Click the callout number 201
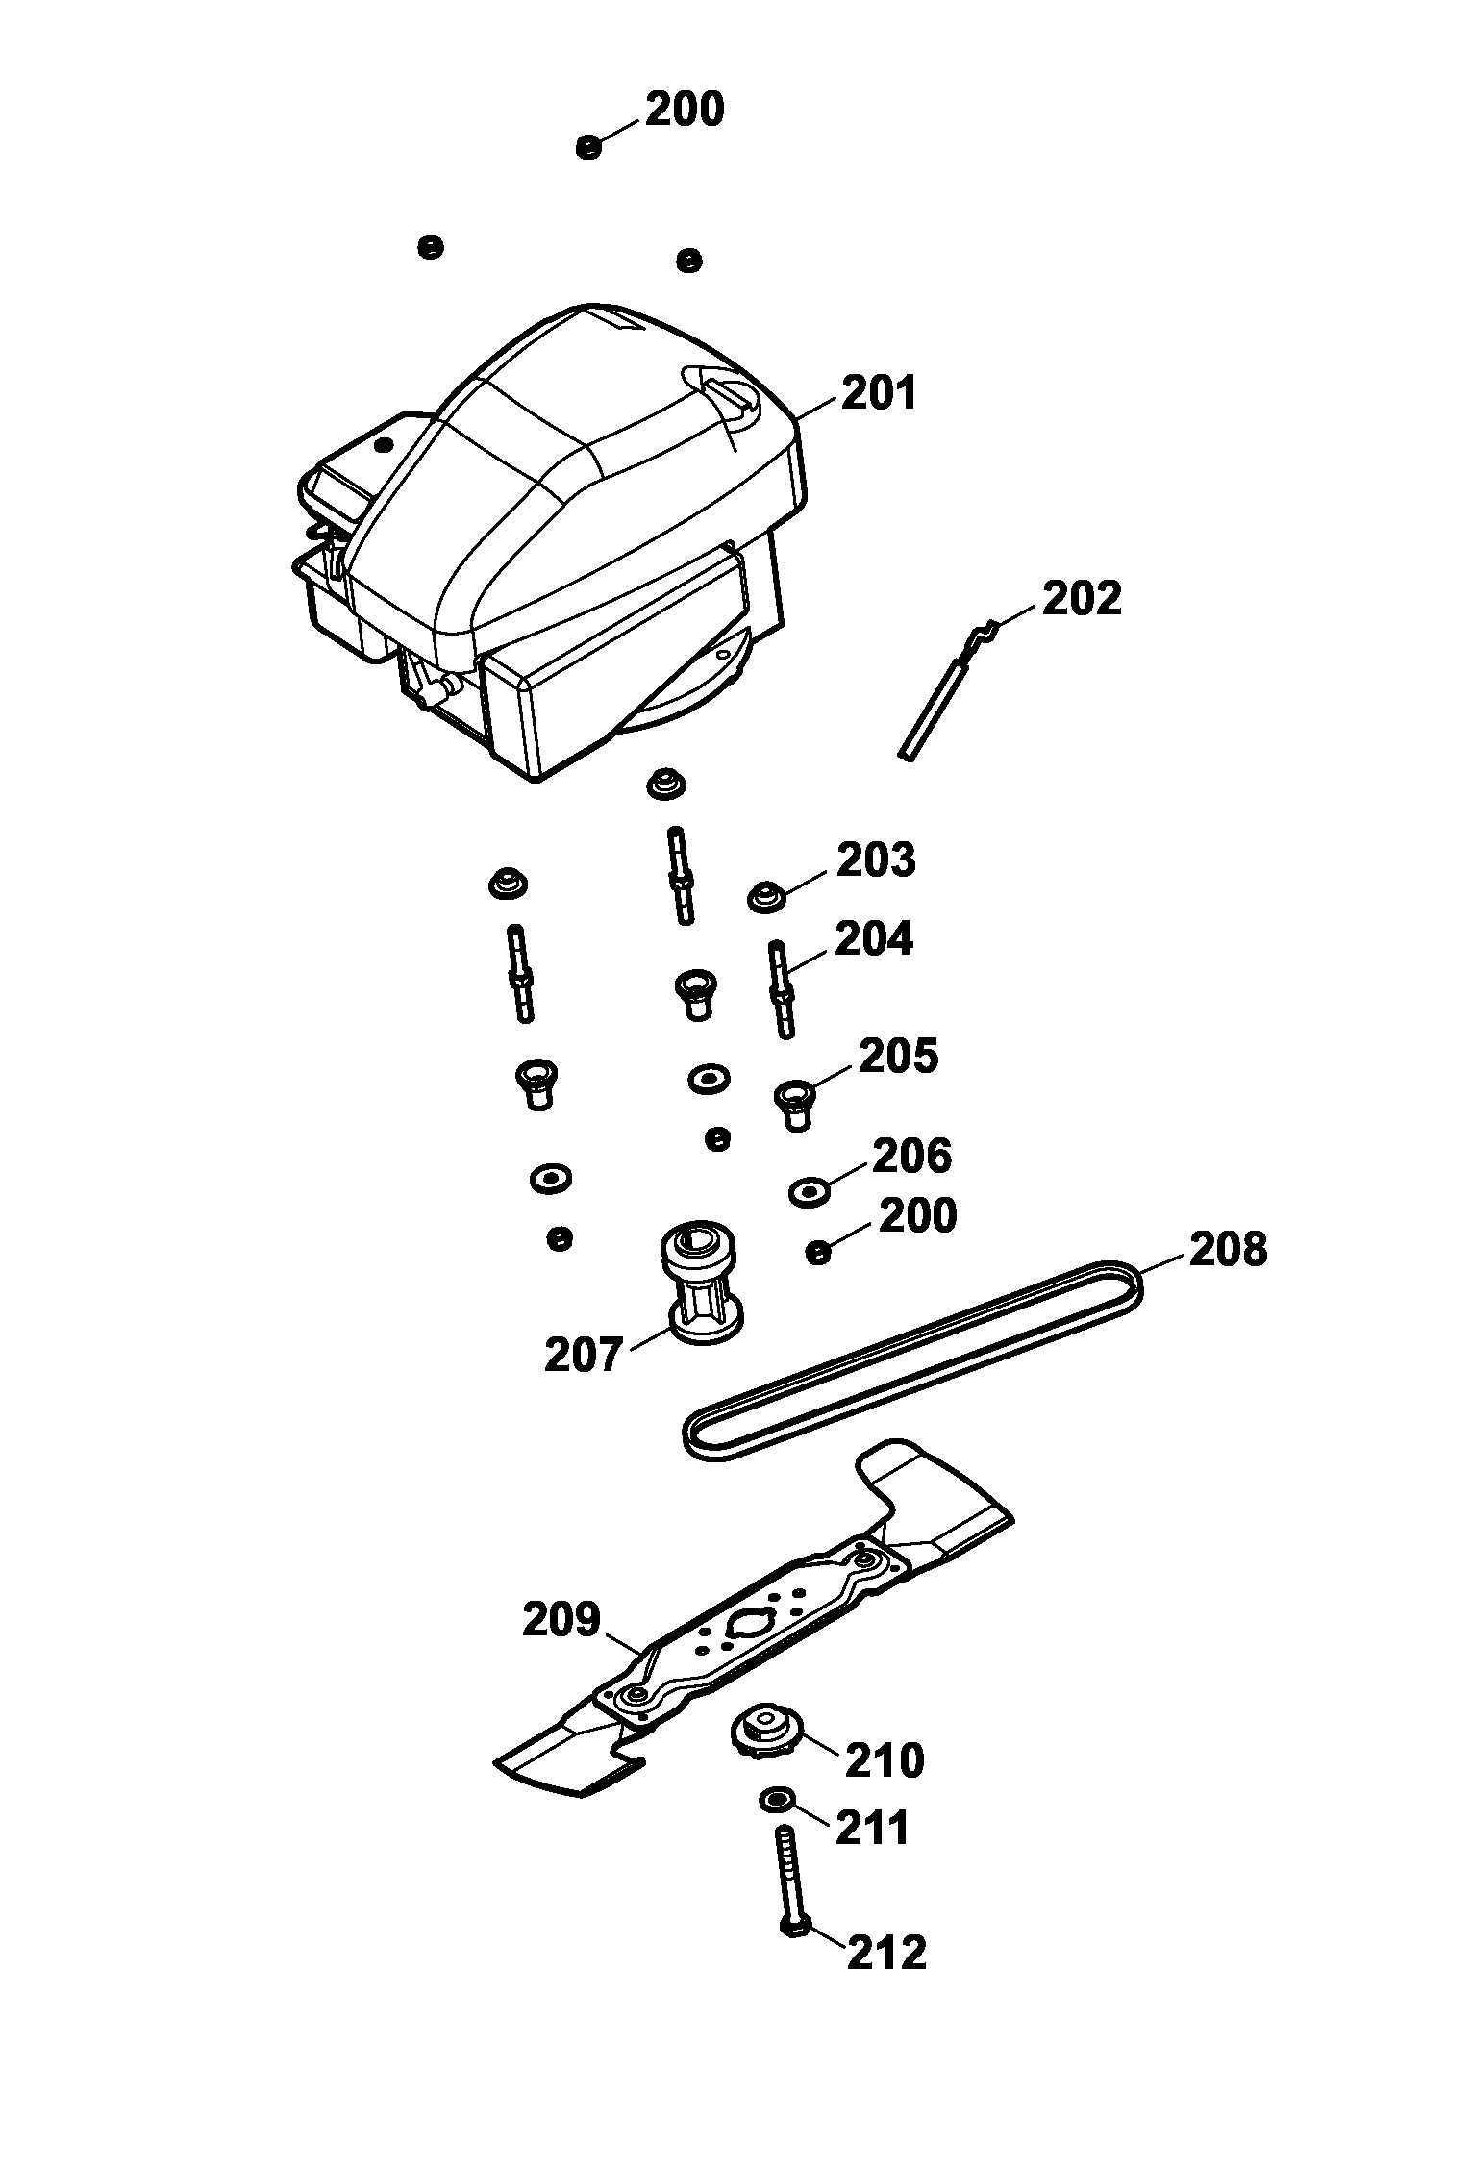point(879,394)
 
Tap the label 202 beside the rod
point(1082,599)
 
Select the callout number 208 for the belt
point(1228,1250)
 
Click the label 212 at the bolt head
point(885,1953)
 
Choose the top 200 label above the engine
point(684,110)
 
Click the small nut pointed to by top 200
point(588,147)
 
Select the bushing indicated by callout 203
point(767,898)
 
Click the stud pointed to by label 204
point(782,990)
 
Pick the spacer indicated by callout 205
point(794,1103)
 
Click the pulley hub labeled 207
point(700,1284)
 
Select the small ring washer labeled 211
point(774,1799)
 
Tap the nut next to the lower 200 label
point(817,1253)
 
